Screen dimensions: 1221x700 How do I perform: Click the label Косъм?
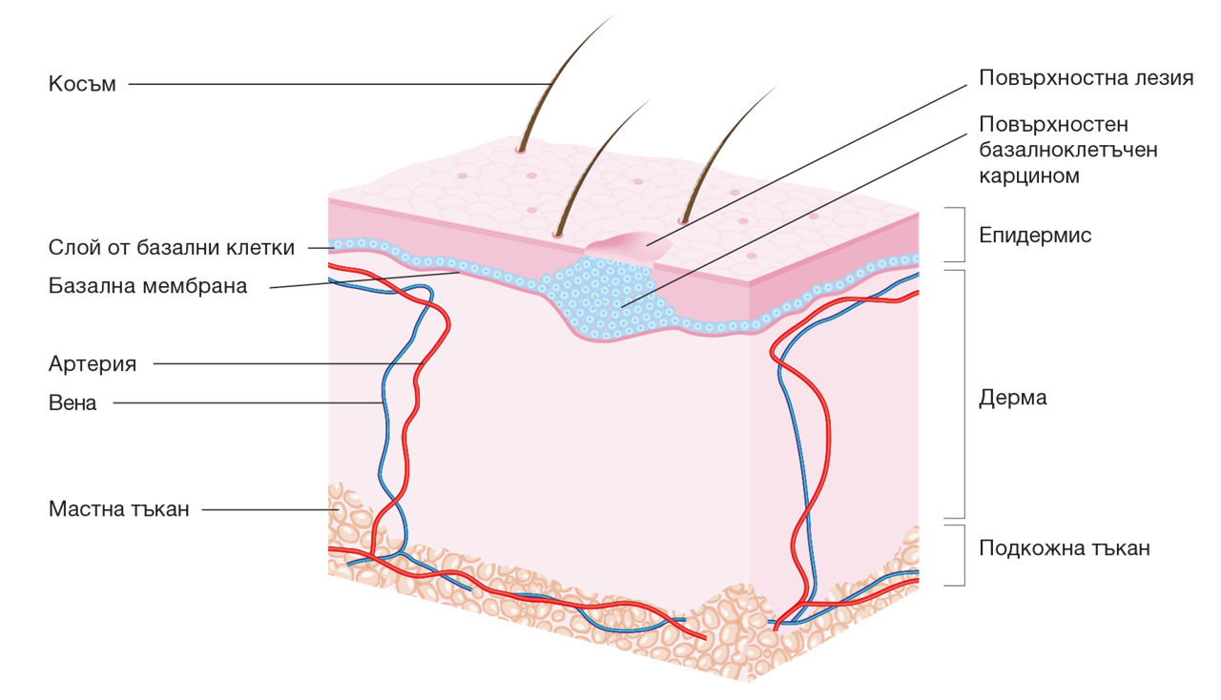(x=82, y=84)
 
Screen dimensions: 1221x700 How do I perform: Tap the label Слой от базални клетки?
(x=172, y=248)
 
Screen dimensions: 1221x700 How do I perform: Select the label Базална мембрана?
(x=148, y=286)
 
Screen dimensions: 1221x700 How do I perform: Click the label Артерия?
(x=93, y=363)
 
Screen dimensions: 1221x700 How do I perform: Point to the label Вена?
(x=72, y=402)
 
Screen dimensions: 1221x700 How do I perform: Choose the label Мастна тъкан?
(x=119, y=509)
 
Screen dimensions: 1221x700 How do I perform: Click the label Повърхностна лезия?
(x=1086, y=78)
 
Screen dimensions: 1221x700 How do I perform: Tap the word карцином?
(x=1029, y=175)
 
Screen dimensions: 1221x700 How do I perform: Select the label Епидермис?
(x=1035, y=235)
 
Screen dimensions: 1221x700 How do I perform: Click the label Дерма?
(x=1013, y=398)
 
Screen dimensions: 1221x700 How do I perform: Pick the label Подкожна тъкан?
(x=1065, y=548)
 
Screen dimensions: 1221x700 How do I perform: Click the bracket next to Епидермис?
(x=963, y=235)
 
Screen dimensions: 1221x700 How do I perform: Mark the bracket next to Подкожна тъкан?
(x=963, y=556)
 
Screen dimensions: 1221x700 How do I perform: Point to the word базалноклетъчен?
(x=1068, y=150)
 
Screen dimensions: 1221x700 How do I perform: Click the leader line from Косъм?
(x=340, y=84)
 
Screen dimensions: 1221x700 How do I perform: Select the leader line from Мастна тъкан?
(x=271, y=509)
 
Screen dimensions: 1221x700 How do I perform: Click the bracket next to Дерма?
(x=963, y=394)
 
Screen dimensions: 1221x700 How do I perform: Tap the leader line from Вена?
(x=248, y=402)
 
